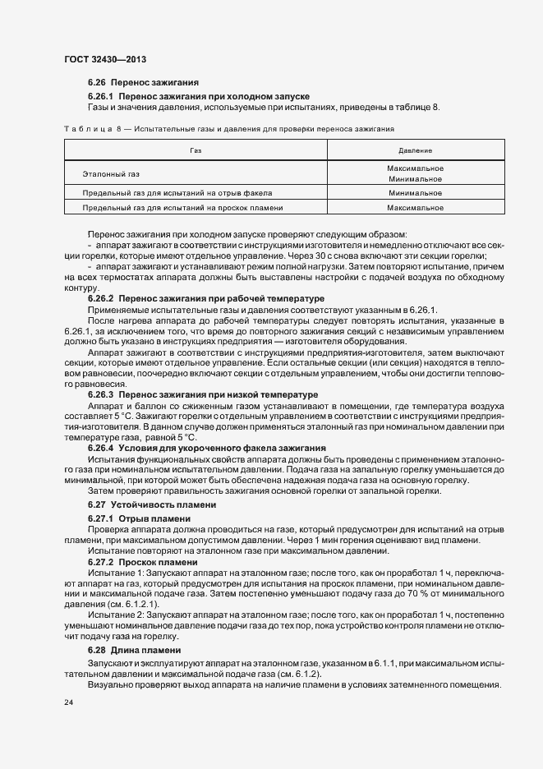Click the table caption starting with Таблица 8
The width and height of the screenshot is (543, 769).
pyautogui.click(x=229, y=129)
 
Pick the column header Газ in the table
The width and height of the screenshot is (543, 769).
pyautogui.click(x=195, y=151)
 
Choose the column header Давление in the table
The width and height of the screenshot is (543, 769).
pyautogui.click(x=415, y=151)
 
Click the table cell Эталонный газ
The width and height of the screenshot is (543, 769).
pyautogui.click(x=111, y=174)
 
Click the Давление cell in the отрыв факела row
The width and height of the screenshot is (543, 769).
pyautogui.click(x=415, y=193)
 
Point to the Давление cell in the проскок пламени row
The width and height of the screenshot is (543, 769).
pyautogui.click(x=415, y=208)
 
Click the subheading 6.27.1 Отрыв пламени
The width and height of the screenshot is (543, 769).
pyautogui.click(x=139, y=519)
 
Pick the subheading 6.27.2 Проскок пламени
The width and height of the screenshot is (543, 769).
pyautogui.click(x=142, y=562)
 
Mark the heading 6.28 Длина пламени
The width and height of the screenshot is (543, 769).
pyautogui.click(x=134, y=650)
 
